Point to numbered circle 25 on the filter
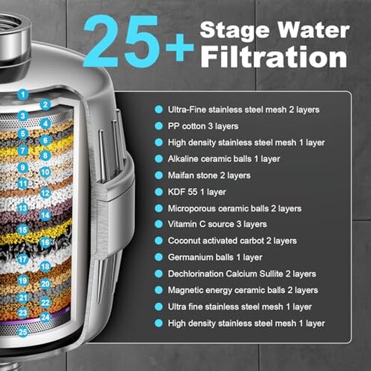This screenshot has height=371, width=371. pos(23,331)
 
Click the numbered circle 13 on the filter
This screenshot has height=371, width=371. pos(23,208)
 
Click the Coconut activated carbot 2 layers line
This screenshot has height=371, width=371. pos(232,241)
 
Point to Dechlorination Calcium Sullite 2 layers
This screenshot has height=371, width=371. pos(242,274)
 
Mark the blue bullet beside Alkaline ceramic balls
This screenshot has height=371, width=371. pos(159,159)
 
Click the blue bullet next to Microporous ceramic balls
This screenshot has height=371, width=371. pos(159,208)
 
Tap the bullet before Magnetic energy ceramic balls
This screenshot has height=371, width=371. pos(159,290)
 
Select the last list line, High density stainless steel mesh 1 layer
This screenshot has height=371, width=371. pos(246,323)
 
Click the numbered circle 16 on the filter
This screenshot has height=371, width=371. pos(45,242)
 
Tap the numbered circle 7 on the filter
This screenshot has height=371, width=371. pos(23,150)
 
